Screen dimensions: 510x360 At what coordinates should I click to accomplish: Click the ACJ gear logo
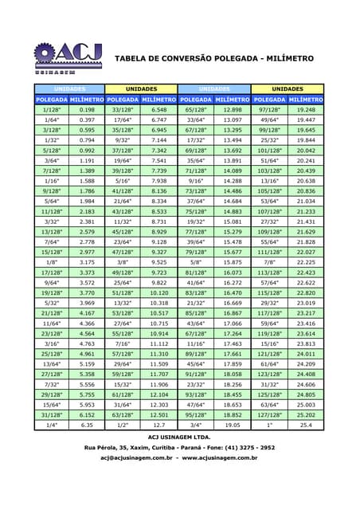[x=68, y=56]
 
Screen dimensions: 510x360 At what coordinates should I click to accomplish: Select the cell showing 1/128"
[x=52, y=109]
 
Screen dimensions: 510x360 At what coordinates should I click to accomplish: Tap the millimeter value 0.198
[x=87, y=109]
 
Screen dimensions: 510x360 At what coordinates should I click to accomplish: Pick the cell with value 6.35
[x=87, y=426]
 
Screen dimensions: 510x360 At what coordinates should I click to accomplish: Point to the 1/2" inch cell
[x=123, y=426]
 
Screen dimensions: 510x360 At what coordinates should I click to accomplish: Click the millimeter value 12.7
[x=158, y=426]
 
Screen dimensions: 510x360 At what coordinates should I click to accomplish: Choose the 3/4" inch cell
[x=196, y=426]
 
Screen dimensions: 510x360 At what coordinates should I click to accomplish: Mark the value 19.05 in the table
[x=233, y=426]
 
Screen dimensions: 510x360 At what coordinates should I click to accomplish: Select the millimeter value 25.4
[x=306, y=426]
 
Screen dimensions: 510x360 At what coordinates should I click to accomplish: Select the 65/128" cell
[x=196, y=109]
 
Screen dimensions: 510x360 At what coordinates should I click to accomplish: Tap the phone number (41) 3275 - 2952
[x=242, y=448]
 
